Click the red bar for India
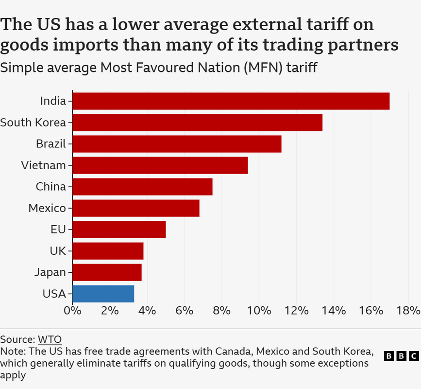tap(231, 101)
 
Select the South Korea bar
tap(197, 123)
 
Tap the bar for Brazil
tap(177, 144)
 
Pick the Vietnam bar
tap(160, 165)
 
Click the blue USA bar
tap(103, 294)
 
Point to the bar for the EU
tap(119, 230)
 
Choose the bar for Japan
tap(107, 272)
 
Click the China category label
tap(51, 187)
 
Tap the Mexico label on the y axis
tap(47, 208)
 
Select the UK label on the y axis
tap(58, 251)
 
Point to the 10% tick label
tap(259, 311)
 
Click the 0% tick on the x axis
tap(72, 311)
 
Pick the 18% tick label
tap(408, 311)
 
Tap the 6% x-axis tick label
tap(185, 311)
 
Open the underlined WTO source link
tap(50, 339)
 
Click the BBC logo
tap(402, 356)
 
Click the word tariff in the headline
tap(327, 24)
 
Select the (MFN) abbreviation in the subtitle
tap(263, 67)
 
